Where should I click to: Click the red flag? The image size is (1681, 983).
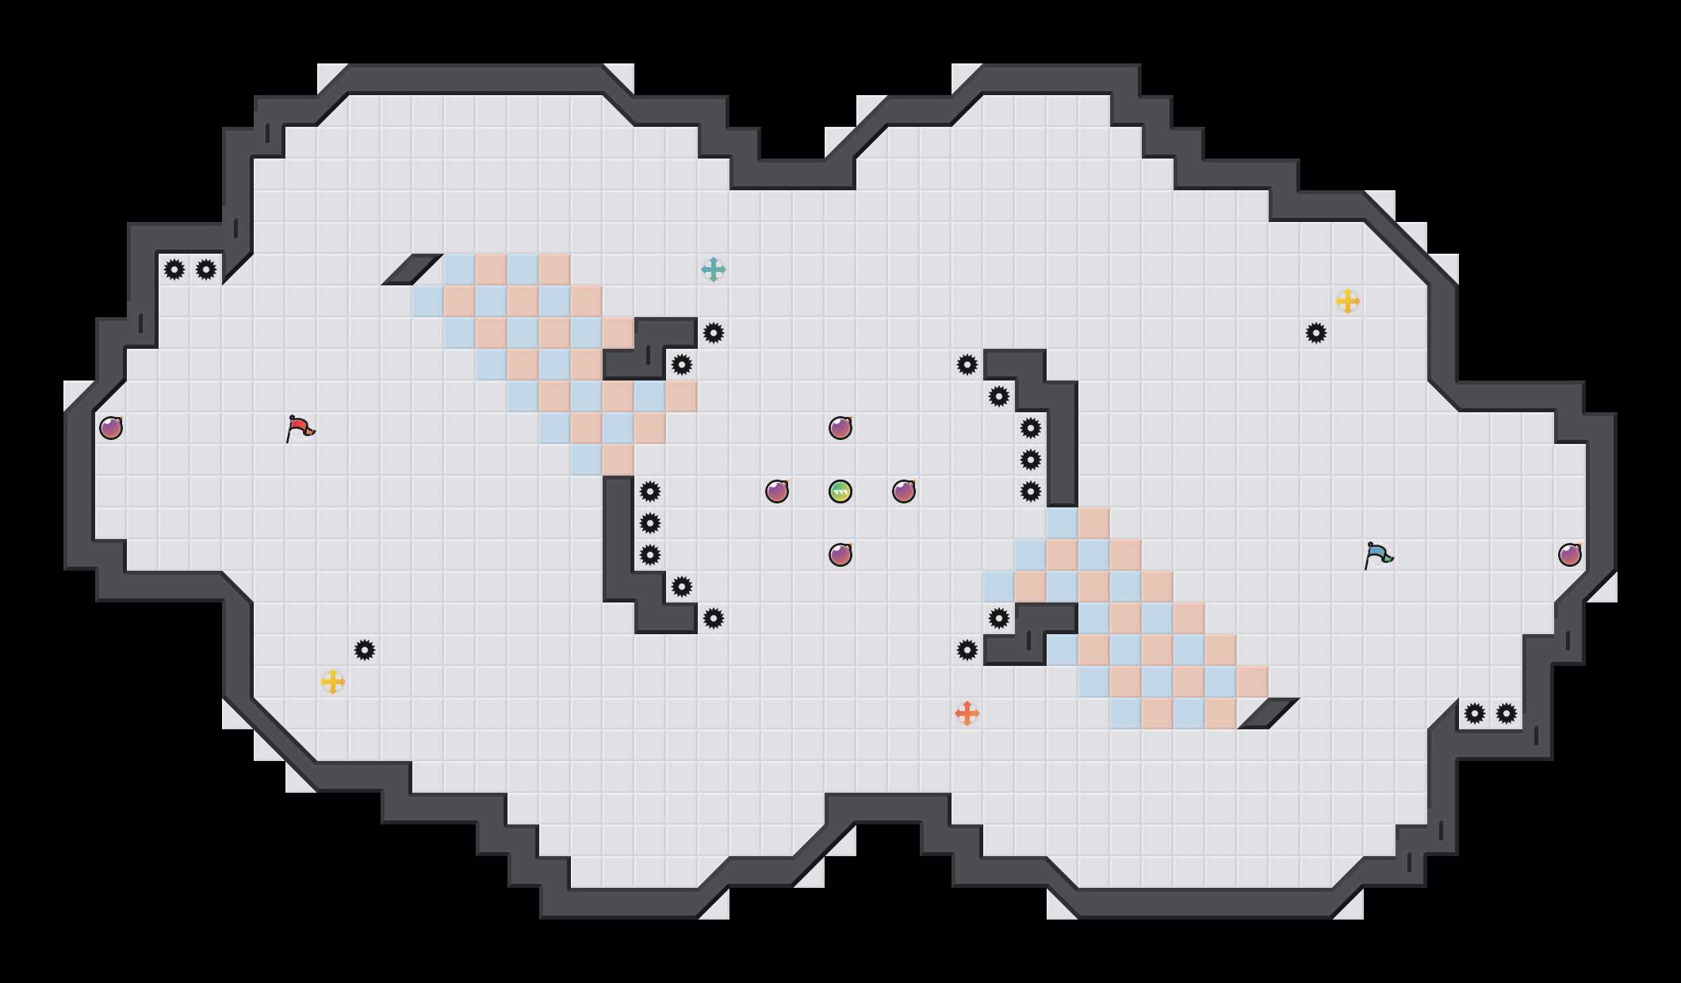[x=300, y=428]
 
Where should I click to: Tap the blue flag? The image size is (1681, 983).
[x=1378, y=555]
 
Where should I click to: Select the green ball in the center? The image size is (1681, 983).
[x=840, y=491]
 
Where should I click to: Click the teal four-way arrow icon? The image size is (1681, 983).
[x=714, y=270]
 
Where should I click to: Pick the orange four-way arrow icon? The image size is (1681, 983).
[x=967, y=713]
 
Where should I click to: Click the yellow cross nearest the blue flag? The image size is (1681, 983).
[x=1348, y=301]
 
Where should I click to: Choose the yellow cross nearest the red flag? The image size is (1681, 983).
[x=333, y=682]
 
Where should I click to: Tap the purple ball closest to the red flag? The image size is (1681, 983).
[x=111, y=428]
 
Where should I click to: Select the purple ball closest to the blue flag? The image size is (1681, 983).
[x=1570, y=555]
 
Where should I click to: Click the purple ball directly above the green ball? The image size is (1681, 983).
[x=840, y=428]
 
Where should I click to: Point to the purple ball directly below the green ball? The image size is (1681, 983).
[x=840, y=555]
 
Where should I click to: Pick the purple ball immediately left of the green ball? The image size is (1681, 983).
[x=777, y=491]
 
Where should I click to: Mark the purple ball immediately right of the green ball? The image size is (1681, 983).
[x=904, y=491]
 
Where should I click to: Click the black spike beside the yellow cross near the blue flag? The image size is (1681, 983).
[x=1316, y=333]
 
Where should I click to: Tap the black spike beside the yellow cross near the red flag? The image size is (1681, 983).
[x=365, y=650]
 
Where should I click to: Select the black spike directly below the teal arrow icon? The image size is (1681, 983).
[x=714, y=333]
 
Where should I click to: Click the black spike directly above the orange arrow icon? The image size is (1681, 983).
[x=967, y=650]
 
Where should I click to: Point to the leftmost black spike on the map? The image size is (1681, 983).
[x=174, y=270]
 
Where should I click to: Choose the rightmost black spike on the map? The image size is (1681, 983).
[x=1507, y=713]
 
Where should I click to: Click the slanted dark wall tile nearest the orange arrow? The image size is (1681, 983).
[x=1269, y=713]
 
